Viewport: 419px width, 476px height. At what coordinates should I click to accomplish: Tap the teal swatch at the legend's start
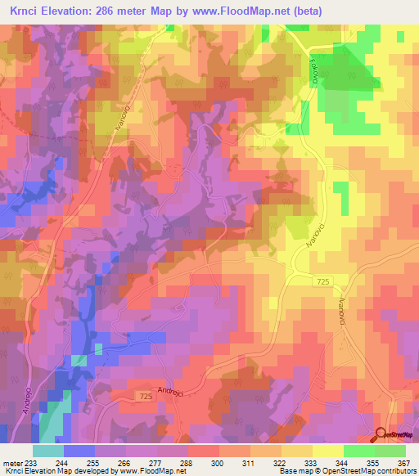click(x=48, y=451)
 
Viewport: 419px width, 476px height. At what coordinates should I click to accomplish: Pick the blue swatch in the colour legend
click(x=79, y=451)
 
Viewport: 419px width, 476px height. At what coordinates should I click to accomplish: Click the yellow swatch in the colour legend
click(x=327, y=451)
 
